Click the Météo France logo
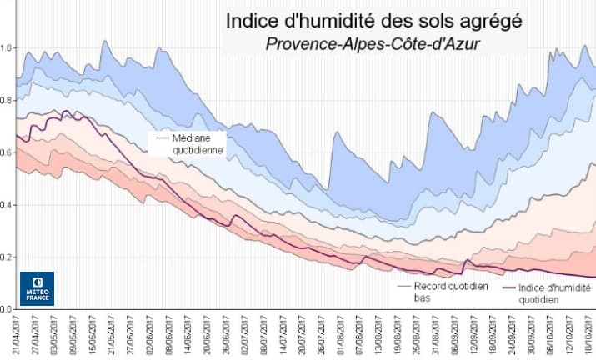click(37, 288)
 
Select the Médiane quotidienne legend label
click(183, 142)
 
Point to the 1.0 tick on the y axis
click(7, 48)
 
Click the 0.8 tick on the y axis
click(7, 100)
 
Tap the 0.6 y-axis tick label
click(7, 152)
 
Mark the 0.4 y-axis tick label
click(7, 205)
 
